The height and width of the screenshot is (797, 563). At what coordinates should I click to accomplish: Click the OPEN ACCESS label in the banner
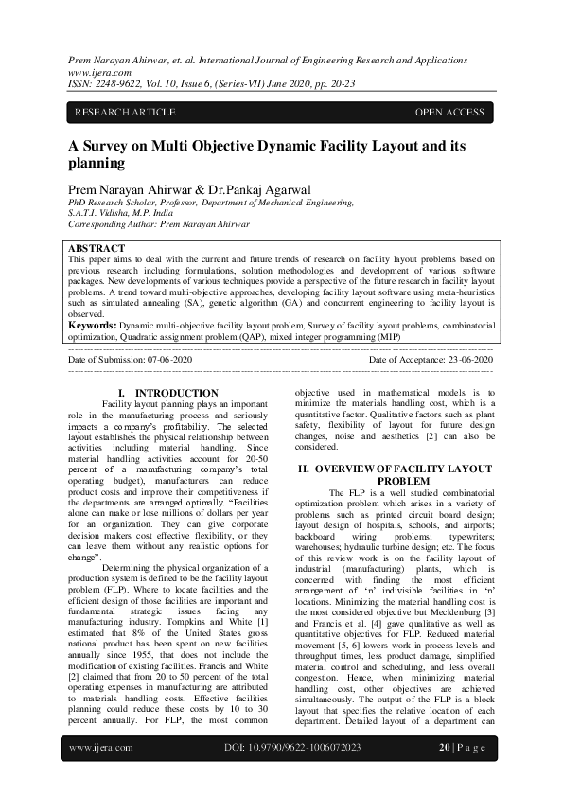pos(449,113)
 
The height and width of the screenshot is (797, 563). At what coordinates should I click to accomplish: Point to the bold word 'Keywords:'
pos(92,324)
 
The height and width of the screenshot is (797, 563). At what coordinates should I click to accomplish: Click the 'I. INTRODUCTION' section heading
pos(167,392)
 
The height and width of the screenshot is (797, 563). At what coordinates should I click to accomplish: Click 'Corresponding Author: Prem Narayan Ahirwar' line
pos(159,224)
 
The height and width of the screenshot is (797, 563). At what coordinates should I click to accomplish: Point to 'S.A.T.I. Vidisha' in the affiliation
pos(103,213)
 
